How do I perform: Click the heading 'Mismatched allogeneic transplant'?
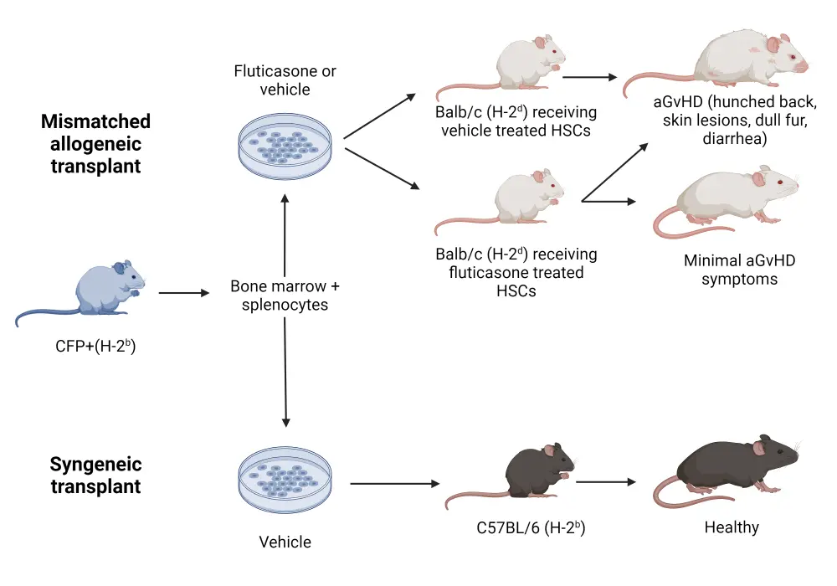pyautogui.click(x=95, y=143)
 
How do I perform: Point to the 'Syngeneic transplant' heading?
pyautogui.click(x=95, y=475)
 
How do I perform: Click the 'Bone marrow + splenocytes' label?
pyautogui.click(x=285, y=296)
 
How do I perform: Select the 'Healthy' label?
pyautogui.click(x=731, y=527)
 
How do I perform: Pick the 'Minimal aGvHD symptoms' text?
pyautogui.click(x=739, y=270)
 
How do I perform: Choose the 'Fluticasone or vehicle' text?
pyautogui.click(x=285, y=80)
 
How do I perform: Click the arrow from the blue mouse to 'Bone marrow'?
pyautogui.click(x=184, y=294)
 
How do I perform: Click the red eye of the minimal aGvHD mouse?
pyautogui.click(x=778, y=184)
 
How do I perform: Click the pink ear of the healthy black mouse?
pyautogui.click(x=762, y=446)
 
